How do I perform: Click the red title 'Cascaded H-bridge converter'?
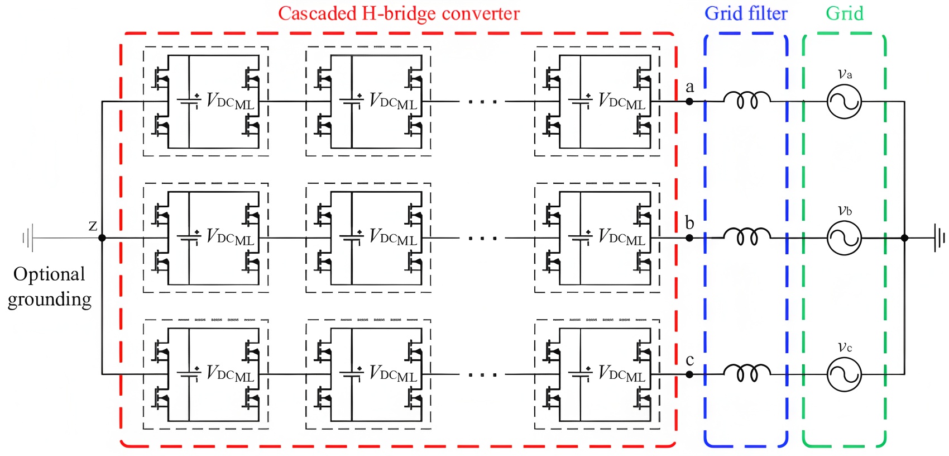coord(399,13)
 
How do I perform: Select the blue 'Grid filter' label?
coord(746,13)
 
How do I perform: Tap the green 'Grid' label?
coord(845,13)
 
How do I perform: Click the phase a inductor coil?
coord(747,100)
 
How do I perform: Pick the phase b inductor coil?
coord(747,237)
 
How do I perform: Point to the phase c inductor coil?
coord(747,373)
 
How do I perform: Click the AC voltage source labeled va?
coord(844,102)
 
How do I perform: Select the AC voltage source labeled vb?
coord(844,238)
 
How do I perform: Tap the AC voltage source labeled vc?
coord(844,374)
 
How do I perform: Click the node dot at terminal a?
coord(689,101)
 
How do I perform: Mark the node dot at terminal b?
coord(689,238)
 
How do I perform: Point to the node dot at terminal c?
coord(689,374)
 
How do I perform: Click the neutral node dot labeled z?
coord(102,238)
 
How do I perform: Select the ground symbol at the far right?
coord(940,238)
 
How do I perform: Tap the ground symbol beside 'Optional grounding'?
coord(28,238)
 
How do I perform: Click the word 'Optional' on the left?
coord(49,274)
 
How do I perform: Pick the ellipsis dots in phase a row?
coord(482,102)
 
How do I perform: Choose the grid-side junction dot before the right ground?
coord(904,238)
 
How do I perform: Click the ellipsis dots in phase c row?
coord(482,375)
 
